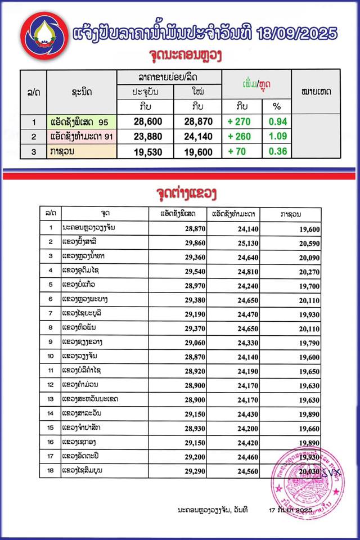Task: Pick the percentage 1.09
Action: [x=277, y=137]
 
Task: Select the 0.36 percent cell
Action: [x=277, y=151]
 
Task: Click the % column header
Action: [x=276, y=106]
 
